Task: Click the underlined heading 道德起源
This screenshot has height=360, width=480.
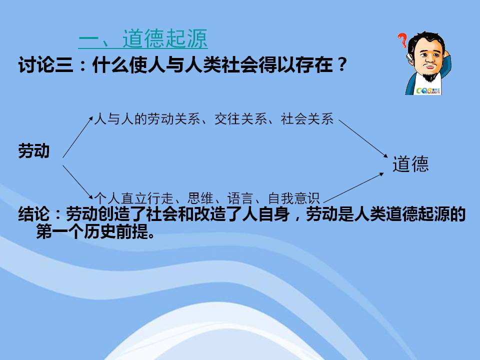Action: click(x=143, y=39)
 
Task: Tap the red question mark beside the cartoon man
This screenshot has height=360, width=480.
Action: click(x=402, y=40)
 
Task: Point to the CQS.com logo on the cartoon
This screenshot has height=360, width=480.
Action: click(x=428, y=91)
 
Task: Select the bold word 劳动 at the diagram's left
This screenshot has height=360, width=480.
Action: click(x=33, y=151)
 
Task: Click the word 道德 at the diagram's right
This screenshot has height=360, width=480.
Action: click(x=410, y=164)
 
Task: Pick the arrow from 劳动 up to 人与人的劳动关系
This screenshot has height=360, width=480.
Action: click(x=77, y=137)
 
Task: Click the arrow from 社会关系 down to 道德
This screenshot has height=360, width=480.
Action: click(x=363, y=139)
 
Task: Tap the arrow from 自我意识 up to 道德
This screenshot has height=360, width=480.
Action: click(x=353, y=187)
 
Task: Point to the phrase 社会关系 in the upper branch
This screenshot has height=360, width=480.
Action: click(x=307, y=119)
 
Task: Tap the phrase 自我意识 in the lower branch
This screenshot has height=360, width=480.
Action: click(x=294, y=198)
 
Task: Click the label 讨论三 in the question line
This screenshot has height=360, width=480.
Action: click(x=46, y=65)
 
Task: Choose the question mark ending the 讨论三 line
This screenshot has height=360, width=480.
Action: click(x=342, y=65)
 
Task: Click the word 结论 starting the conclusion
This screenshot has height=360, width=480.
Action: click(x=33, y=214)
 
